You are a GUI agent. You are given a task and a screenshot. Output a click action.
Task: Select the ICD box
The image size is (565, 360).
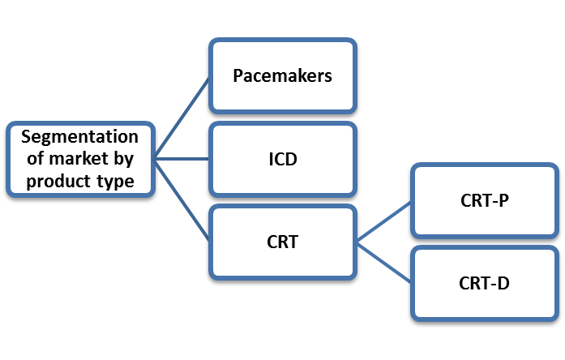282,159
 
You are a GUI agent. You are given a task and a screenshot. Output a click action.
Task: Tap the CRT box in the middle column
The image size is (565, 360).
282,242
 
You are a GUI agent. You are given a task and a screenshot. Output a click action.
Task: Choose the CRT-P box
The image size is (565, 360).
484,200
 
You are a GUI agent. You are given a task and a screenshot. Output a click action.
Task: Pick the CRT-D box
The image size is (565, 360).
484,283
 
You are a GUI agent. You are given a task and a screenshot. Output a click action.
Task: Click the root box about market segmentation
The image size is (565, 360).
80,159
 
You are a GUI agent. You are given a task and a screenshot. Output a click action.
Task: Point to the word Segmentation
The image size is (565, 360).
80,137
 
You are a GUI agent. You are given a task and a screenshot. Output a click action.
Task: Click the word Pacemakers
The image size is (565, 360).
282,76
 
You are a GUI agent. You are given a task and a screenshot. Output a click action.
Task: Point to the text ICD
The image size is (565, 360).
282,159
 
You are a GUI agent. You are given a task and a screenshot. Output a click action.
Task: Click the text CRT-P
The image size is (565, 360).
484,200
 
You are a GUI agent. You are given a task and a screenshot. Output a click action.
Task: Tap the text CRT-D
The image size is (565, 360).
484,283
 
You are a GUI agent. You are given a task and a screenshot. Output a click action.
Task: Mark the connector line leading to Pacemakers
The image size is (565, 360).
183,117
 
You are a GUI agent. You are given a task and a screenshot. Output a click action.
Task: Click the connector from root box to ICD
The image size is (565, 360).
183,159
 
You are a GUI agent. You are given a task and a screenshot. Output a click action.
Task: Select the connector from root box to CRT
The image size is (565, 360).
183,200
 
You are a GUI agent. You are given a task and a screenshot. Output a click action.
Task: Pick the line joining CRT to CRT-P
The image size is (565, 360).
385,221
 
